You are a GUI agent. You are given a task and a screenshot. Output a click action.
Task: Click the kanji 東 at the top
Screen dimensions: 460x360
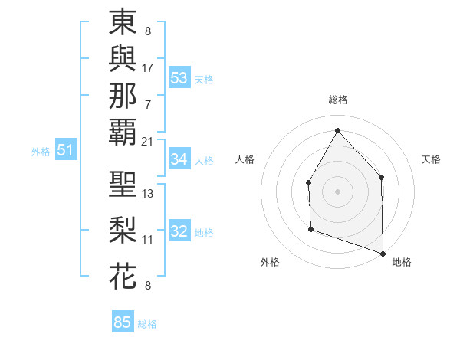point(123,24)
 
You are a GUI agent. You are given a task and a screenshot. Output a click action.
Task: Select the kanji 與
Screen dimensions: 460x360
point(123,60)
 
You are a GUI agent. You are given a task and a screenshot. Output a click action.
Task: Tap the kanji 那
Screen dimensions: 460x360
point(123,95)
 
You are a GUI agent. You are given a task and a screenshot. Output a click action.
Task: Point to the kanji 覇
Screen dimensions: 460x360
point(123,131)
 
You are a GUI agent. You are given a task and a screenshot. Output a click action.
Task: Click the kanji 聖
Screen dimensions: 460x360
point(123,185)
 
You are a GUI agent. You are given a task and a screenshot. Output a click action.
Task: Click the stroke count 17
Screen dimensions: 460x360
point(148,67)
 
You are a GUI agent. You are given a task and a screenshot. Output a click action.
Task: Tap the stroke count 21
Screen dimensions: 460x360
point(148,141)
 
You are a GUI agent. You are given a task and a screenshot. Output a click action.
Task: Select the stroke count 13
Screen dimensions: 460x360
point(148,194)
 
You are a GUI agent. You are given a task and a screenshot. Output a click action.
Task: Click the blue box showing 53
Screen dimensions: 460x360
point(179,78)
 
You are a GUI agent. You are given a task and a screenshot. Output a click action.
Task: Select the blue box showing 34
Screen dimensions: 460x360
point(179,159)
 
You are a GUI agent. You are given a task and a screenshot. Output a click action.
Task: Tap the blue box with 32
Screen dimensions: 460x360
point(179,232)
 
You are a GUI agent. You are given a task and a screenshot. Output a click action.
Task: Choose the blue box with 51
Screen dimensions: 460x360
point(65,151)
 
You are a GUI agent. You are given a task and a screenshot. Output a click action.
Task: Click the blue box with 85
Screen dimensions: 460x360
point(123,322)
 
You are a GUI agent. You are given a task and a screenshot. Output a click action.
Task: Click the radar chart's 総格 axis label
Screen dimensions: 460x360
point(338,100)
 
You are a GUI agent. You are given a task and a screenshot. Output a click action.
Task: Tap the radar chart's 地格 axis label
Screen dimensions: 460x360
point(402,262)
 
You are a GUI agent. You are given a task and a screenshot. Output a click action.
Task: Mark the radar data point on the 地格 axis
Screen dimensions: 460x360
point(383,253)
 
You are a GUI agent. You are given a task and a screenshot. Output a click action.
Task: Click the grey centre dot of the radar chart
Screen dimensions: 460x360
point(337,191)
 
